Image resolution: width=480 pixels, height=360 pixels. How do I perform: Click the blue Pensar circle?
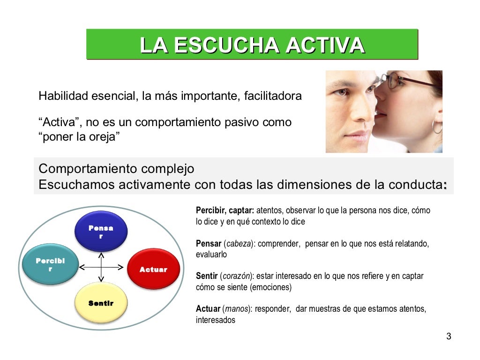[101, 231]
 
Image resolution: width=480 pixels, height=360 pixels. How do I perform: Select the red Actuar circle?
[153, 269]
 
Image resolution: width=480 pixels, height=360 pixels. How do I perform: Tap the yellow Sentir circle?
[101, 303]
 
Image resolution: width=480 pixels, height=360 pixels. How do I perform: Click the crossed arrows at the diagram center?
[101, 268]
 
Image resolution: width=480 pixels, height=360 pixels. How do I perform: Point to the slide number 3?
[449, 336]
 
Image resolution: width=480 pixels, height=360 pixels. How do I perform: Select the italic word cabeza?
[238, 244]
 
